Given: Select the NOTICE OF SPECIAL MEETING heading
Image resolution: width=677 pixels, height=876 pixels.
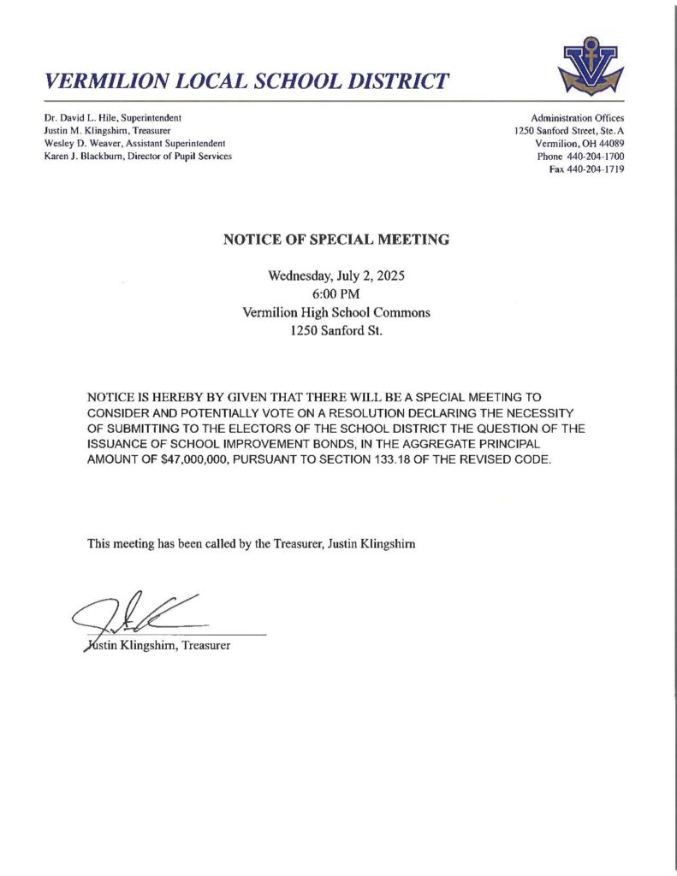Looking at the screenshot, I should [x=336, y=240].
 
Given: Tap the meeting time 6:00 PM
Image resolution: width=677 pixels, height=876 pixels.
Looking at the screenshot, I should [x=336, y=294].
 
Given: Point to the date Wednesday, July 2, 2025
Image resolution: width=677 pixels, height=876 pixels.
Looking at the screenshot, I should [x=336, y=276].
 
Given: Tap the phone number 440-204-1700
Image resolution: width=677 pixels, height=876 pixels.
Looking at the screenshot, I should [x=596, y=157].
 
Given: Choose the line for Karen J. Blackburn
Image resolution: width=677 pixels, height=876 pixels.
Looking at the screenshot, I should [x=138, y=156].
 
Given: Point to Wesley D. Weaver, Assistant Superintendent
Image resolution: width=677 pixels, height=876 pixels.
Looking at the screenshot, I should [x=134, y=143].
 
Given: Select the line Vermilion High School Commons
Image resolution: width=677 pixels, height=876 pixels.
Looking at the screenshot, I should [x=336, y=312].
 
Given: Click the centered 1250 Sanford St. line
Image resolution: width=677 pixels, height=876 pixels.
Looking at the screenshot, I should [x=336, y=330].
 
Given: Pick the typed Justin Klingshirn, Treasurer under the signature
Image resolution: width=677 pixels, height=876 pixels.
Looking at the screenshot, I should [x=158, y=645].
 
